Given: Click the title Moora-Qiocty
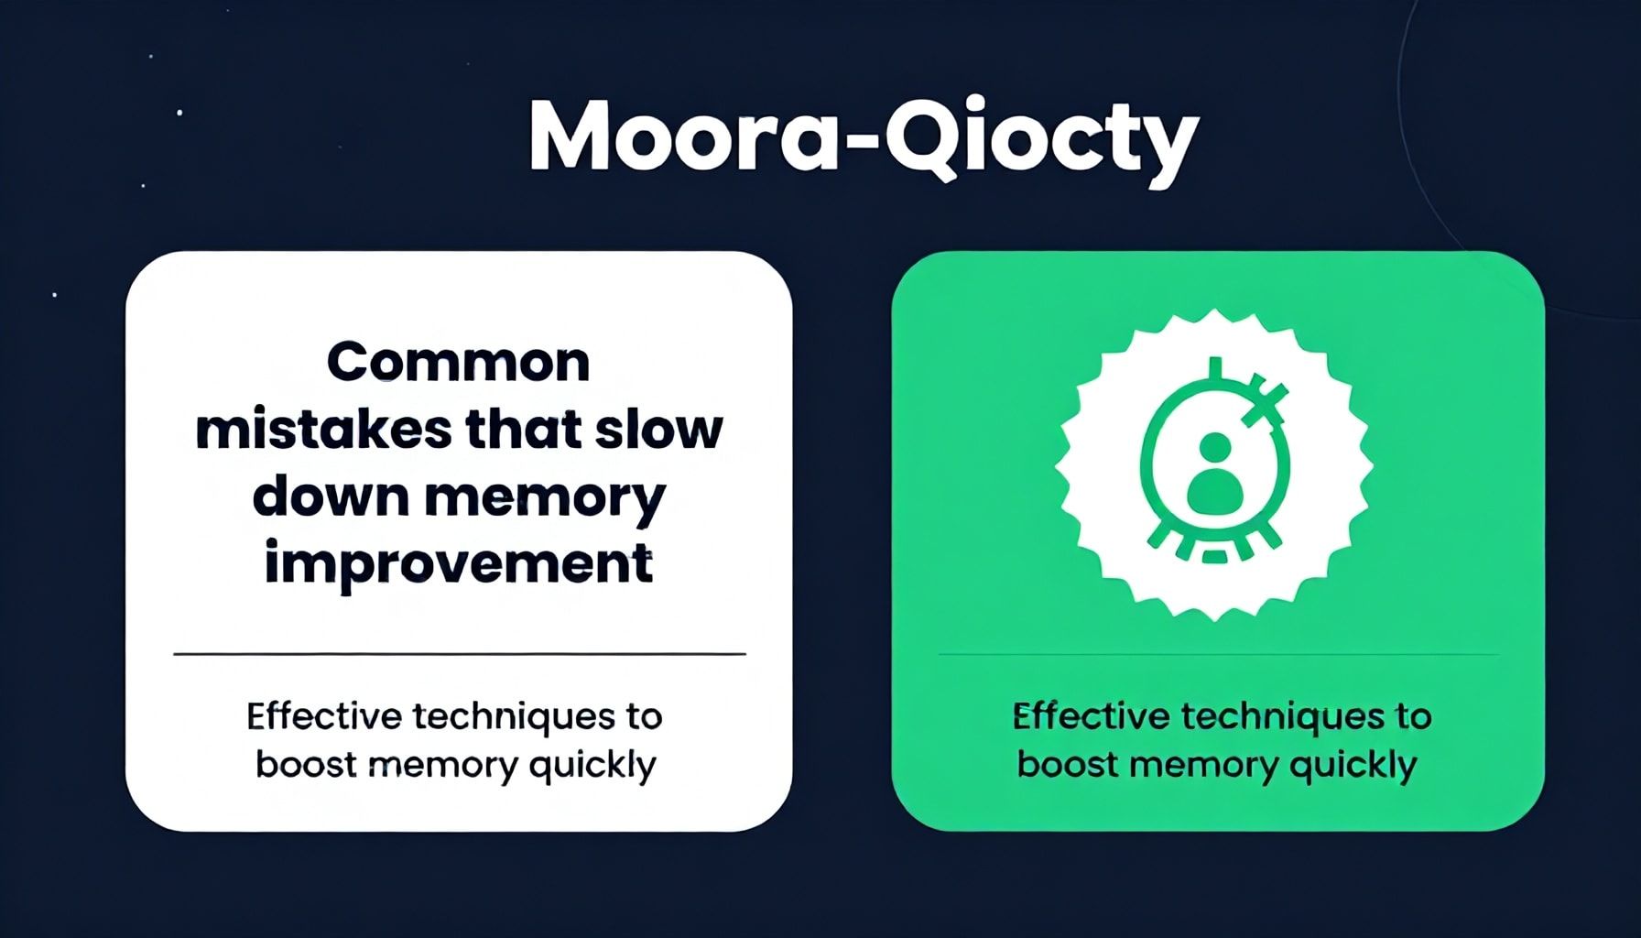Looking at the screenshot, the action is coord(864,139).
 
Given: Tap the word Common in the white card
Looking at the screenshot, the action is coord(458,363).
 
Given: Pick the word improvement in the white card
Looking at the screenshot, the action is coord(459,564).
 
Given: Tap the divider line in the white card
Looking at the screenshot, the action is coord(460,654).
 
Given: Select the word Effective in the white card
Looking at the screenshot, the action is coord(324,716).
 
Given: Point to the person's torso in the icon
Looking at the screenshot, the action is coord(1214,493).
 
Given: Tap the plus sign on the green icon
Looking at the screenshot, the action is coord(1265,400).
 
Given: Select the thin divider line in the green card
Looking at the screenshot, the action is coord(1219,654).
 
